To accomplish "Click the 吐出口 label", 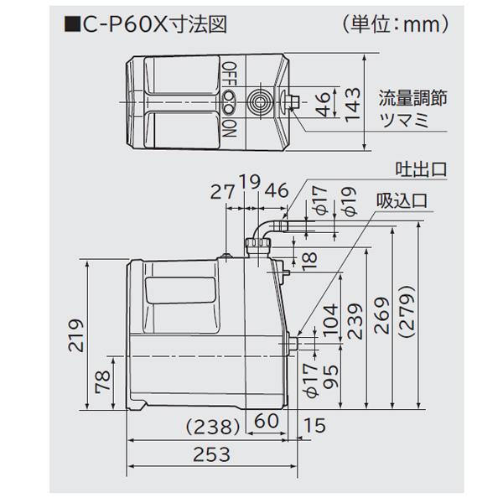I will (422, 171).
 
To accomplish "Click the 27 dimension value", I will (220, 191).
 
